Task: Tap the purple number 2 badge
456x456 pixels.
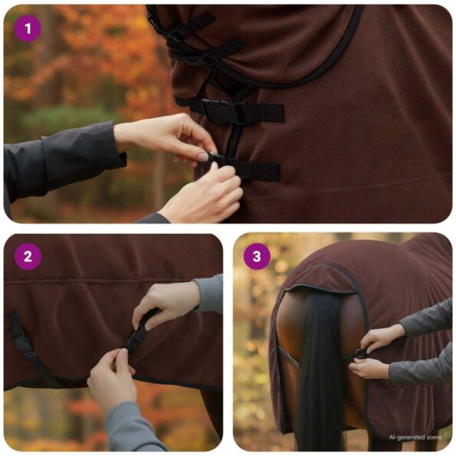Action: click(x=28, y=257)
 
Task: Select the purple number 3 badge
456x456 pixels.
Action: click(x=257, y=257)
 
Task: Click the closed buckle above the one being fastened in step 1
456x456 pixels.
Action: click(x=222, y=111)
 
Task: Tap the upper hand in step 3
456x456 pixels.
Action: click(x=381, y=336)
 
